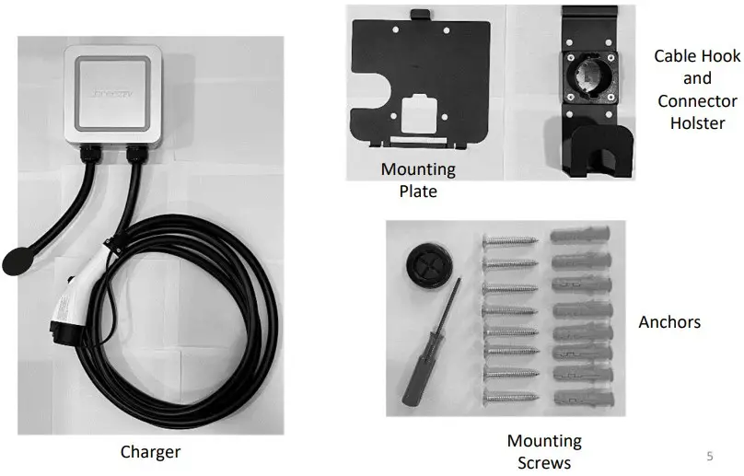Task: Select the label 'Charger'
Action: pyautogui.click(x=150, y=452)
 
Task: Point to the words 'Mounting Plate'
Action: pyautogui.click(x=418, y=180)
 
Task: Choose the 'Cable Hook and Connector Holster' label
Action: pyautogui.click(x=697, y=89)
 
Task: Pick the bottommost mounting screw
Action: pyautogui.click(x=512, y=398)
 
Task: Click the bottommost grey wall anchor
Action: pyautogui.click(x=579, y=399)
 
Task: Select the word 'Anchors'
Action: pyautogui.click(x=669, y=322)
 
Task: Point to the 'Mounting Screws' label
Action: pyautogui.click(x=545, y=452)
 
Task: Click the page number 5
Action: pyautogui.click(x=709, y=455)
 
